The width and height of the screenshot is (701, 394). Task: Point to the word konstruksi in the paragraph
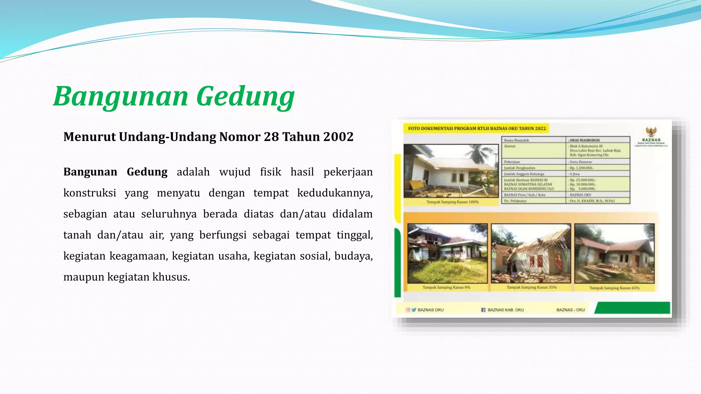tap(90, 193)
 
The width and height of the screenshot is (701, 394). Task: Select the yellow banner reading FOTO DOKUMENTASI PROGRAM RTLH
tap(476, 129)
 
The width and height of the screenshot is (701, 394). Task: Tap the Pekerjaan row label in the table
tap(512, 162)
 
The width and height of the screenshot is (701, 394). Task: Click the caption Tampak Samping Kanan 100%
tap(453, 202)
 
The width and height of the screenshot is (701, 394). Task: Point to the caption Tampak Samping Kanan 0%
tap(446, 288)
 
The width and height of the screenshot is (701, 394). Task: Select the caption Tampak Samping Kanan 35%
tap(532, 288)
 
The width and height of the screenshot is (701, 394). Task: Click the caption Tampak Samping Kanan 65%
tap(614, 288)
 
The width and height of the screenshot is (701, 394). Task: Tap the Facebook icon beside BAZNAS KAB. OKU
tap(483, 310)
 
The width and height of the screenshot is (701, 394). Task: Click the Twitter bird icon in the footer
tap(414, 310)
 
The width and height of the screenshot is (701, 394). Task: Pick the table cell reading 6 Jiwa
tap(575, 174)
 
